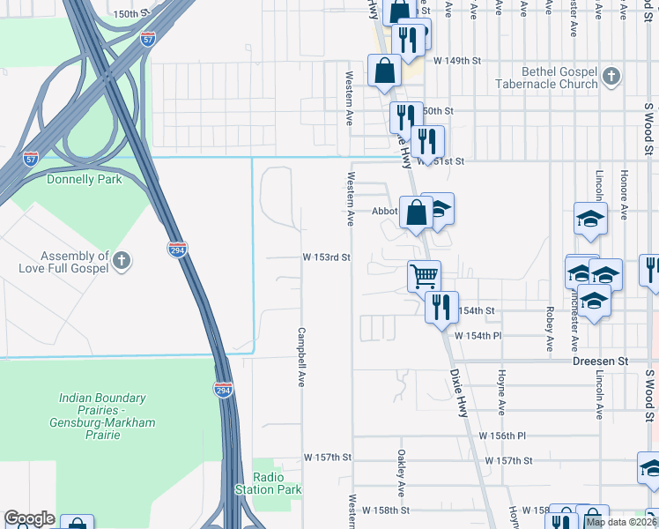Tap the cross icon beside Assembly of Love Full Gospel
(122, 260)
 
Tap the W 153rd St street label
(327, 257)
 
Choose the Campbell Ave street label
(301, 357)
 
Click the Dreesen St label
(599, 361)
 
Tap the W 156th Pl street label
(501, 436)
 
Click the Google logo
(29, 518)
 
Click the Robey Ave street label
(550, 328)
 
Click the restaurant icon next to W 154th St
(441, 307)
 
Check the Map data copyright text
(621, 522)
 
